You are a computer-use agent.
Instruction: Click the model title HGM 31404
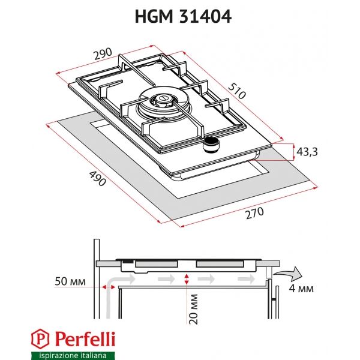[x=179, y=17]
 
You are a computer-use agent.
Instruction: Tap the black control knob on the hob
[x=211, y=142]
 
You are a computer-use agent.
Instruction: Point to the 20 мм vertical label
[x=193, y=308]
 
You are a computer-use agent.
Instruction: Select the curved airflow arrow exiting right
[x=289, y=275]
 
